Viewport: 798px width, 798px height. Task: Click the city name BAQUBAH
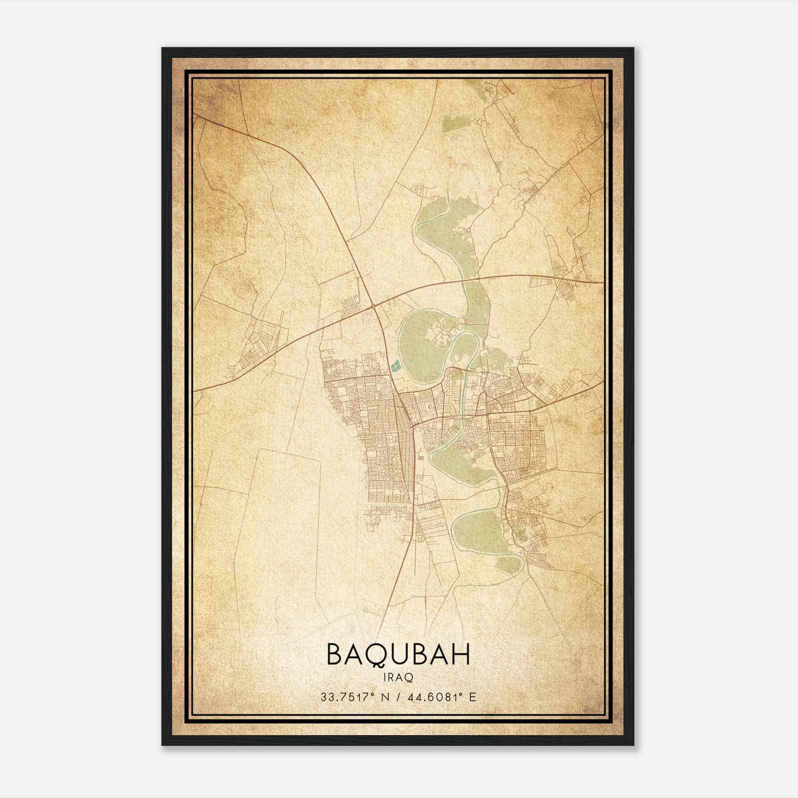coord(399,654)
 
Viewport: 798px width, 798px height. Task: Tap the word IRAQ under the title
coord(399,677)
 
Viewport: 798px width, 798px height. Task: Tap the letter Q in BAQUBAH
coord(377,655)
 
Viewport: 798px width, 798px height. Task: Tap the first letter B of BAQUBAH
coord(335,654)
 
